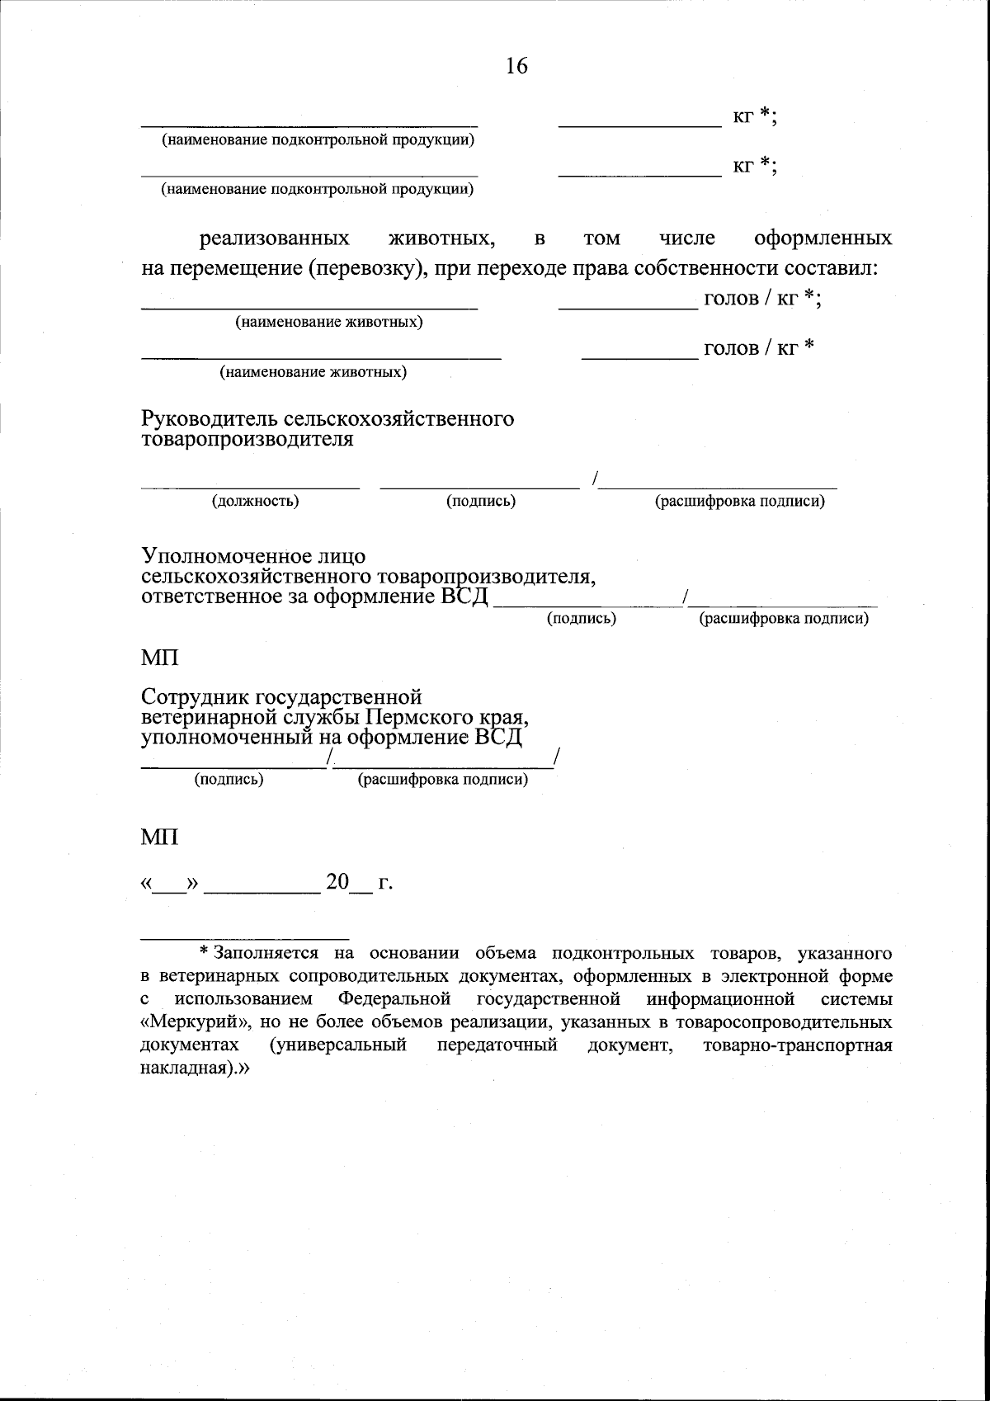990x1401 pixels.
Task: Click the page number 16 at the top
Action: coord(516,66)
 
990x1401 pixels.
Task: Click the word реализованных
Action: coord(274,238)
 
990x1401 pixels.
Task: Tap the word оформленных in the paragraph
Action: coord(823,238)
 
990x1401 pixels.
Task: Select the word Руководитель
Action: coord(209,419)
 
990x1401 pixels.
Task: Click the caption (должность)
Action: coord(256,501)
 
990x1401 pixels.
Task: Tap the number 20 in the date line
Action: coord(337,882)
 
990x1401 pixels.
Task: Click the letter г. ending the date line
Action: coord(384,884)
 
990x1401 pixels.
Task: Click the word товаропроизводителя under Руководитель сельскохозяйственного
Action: coord(247,439)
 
